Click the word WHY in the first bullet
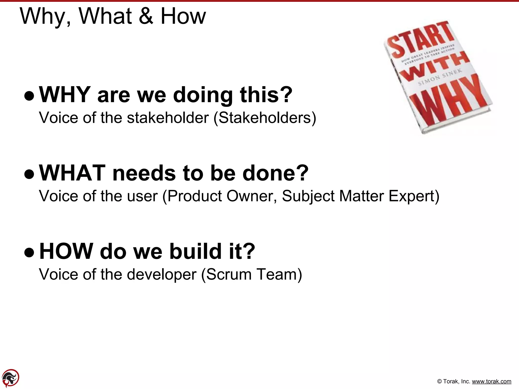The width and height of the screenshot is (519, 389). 65,95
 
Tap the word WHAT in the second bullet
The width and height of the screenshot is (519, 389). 72,173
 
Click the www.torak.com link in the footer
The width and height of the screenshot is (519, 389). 491,381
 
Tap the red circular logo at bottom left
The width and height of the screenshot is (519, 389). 11,378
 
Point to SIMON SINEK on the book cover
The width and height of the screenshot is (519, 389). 440,77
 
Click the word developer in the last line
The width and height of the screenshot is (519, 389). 162,274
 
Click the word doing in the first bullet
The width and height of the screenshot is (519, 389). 203,95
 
